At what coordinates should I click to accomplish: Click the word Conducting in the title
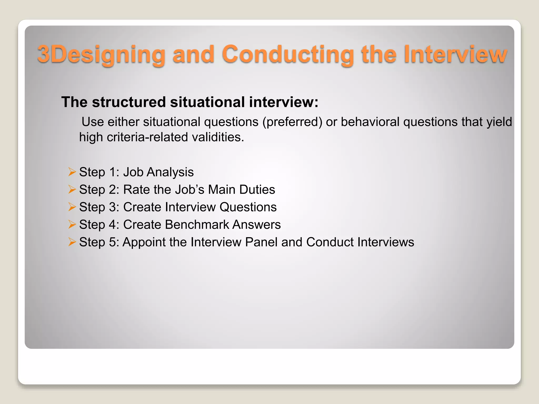point(288,54)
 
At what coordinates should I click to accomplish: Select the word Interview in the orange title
point(455,54)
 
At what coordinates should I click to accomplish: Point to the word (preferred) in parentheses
point(292,122)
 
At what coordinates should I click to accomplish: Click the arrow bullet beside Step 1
point(72,172)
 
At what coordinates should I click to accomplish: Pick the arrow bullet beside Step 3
point(72,207)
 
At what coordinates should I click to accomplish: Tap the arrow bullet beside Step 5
point(72,242)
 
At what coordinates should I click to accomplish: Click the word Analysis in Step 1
point(170,172)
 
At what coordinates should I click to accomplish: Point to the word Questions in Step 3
point(248,207)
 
